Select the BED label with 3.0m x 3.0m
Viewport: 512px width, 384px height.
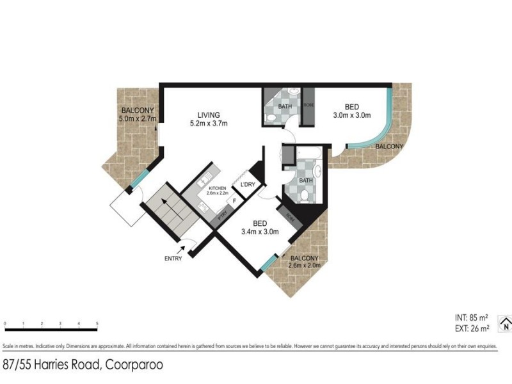click(352, 106)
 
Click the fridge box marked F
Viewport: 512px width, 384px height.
click(235, 202)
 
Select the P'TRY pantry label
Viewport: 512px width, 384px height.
click(223, 216)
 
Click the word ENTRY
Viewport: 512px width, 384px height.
click(173, 259)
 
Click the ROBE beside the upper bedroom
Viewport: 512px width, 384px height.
click(308, 106)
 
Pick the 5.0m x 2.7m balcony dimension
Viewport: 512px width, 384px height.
click(138, 118)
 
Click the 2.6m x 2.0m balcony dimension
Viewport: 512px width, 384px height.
click(305, 264)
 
